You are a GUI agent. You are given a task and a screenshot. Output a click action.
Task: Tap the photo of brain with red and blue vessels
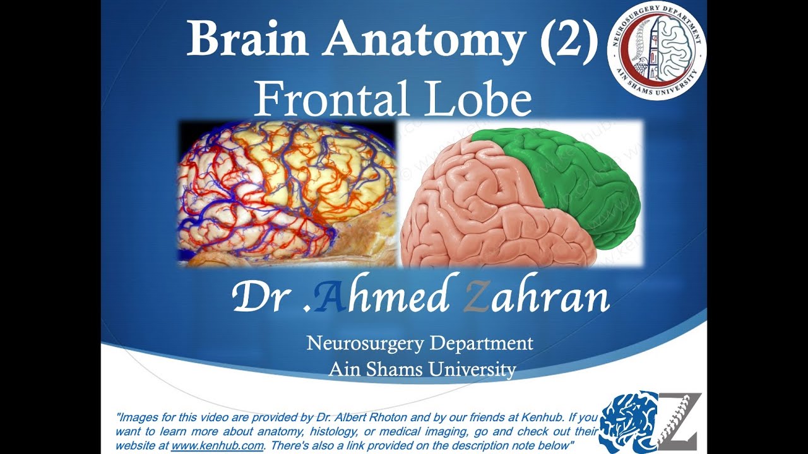tap(287, 192)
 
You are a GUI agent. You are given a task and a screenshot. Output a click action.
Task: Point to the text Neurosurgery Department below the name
tap(420, 344)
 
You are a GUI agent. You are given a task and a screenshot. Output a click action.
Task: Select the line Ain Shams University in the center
tap(422, 369)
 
